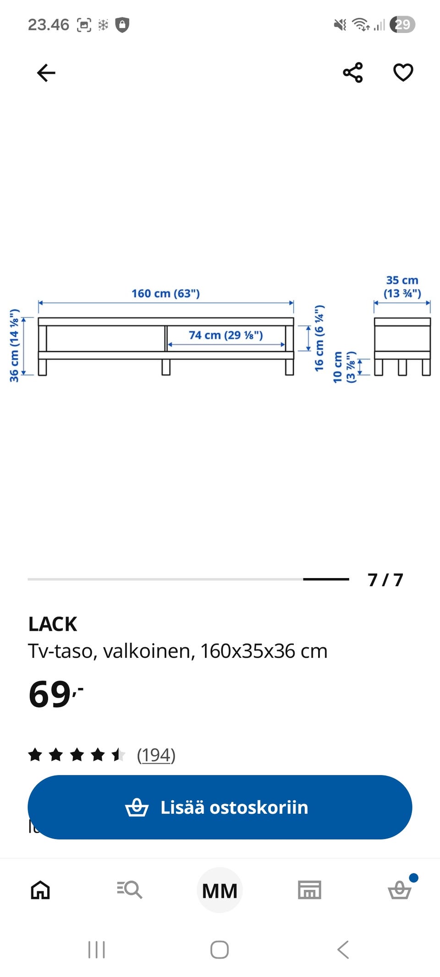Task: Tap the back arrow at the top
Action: pos(46,73)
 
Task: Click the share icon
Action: pos(352,72)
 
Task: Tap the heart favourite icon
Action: pos(403,72)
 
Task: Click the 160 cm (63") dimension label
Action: pos(166,293)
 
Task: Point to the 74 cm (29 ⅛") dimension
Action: pos(226,335)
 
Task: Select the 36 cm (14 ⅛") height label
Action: pos(14,345)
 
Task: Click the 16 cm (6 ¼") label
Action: pos(319,338)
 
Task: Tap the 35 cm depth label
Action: pos(402,280)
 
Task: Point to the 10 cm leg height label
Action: pos(337,367)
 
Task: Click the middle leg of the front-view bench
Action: pos(166,367)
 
